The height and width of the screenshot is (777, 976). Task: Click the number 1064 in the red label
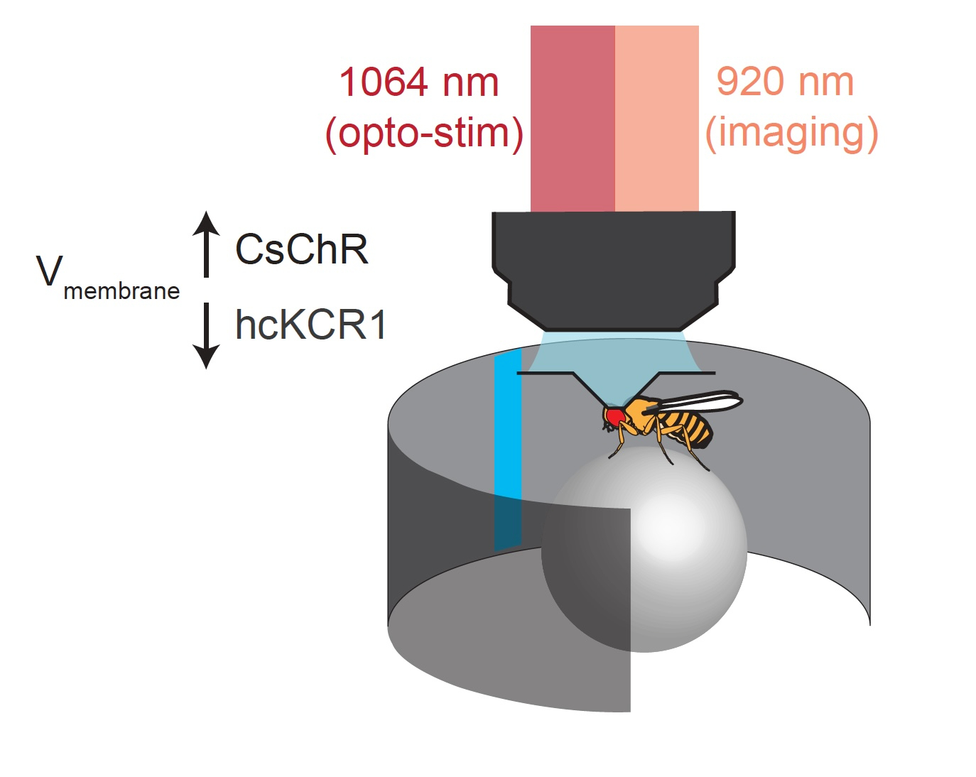384,82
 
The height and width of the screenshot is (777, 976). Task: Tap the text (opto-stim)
424,133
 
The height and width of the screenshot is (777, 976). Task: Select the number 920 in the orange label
747,82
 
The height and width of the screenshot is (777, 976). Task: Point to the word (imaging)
791,133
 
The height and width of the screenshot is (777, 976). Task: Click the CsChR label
302,249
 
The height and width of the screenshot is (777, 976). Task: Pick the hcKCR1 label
311,325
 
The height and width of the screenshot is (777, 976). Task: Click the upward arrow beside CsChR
207,244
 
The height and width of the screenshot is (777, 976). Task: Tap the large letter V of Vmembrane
50,271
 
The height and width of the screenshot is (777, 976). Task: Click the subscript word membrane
121,291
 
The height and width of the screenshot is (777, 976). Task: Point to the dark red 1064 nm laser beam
573,118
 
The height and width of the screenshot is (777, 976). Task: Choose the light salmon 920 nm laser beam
657,118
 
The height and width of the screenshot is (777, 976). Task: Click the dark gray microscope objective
614,270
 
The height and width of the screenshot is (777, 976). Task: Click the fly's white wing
703,403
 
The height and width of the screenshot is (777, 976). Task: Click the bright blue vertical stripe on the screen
508,426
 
